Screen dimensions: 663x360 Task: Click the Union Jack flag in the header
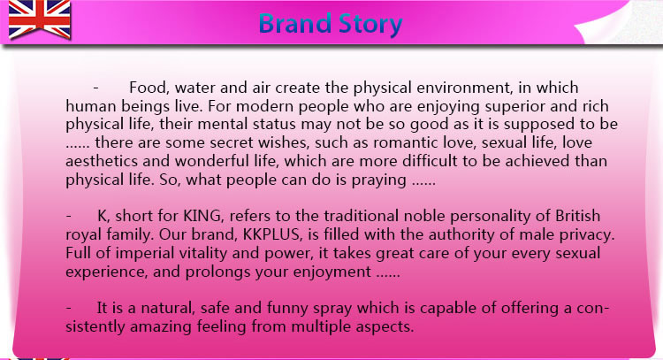click(39, 19)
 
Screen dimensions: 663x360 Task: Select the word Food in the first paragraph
click(147, 88)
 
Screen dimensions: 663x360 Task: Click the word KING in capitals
click(202, 216)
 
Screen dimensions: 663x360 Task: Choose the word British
click(577, 216)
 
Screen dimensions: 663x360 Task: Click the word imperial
click(145, 254)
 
